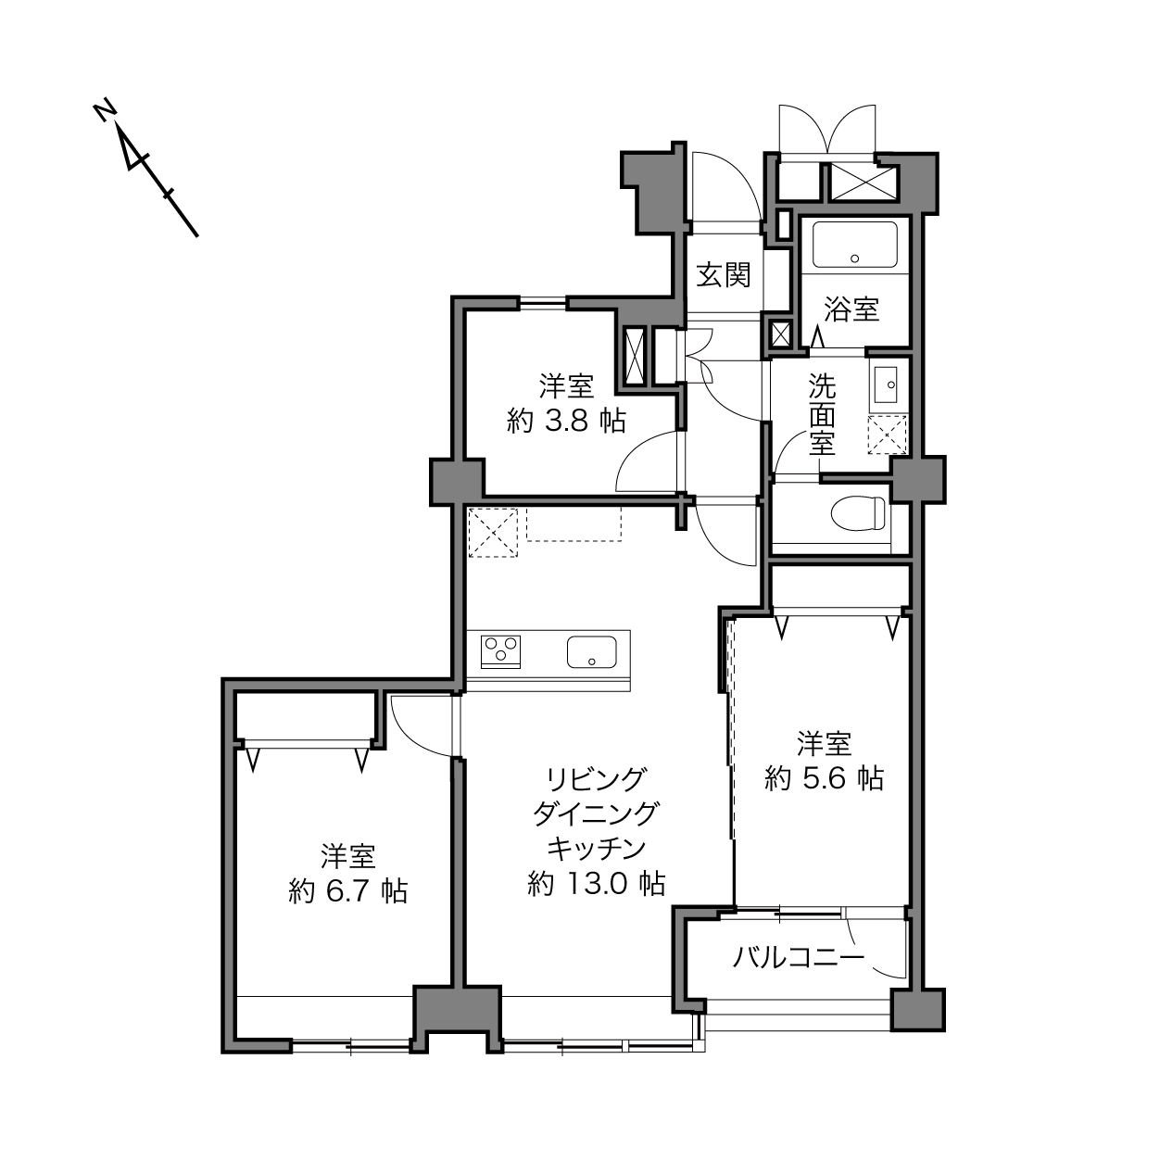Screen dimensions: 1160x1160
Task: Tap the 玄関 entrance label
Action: tap(724, 275)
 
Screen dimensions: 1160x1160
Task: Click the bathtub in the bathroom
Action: tap(855, 245)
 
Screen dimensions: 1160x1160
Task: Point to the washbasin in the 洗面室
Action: tap(885, 385)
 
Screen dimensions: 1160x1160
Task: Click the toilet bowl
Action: tap(858, 512)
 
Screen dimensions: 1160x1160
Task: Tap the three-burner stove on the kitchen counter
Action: tap(500, 652)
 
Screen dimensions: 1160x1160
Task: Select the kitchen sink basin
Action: tap(591, 652)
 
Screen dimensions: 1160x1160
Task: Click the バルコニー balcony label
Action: tap(799, 956)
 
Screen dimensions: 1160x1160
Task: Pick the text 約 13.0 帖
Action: tap(596, 883)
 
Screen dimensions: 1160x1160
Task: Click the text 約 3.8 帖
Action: tap(566, 421)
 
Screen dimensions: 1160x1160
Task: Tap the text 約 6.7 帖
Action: tap(348, 891)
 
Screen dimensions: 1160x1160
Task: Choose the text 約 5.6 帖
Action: tap(824, 778)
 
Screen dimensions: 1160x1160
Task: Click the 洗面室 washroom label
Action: tap(822, 415)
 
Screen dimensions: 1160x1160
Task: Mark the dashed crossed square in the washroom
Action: tap(888, 434)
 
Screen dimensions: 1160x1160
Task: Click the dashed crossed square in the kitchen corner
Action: tap(493, 533)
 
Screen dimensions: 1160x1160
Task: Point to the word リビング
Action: tap(596, 779)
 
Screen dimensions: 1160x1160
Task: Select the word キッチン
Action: tap(596, 849)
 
